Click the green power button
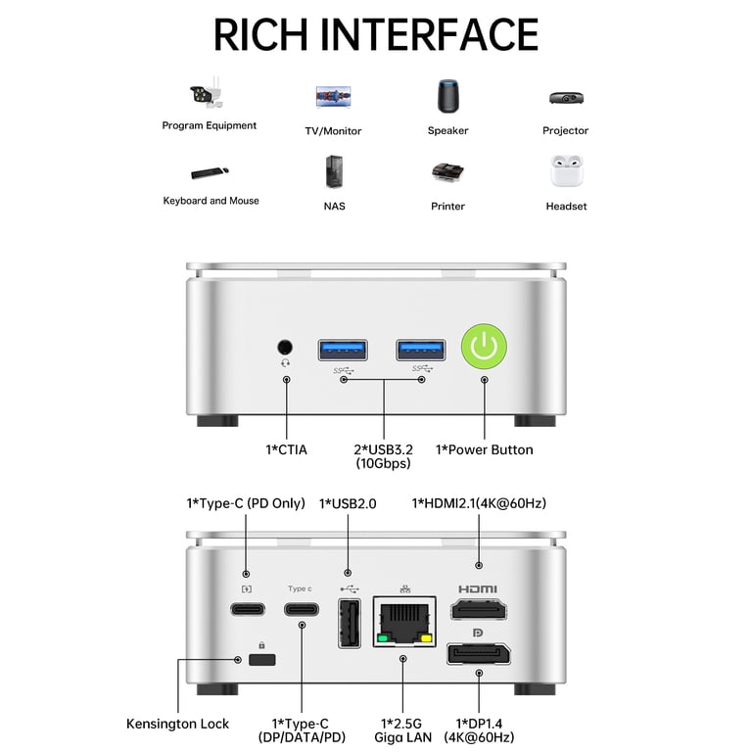pos(484,347)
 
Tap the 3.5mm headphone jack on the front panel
pos(285,347)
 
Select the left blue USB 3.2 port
pos(343,350)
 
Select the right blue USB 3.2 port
pos(421,350)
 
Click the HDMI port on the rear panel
pos(479,610)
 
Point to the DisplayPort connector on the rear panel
pos(479,654)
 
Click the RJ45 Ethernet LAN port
pos(404,622)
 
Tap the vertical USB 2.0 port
pos(350,623)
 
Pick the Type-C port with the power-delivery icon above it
pos(248,609)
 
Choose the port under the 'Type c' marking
pos(302,609)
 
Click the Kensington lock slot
pos(262,659)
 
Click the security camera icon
pos(207,92)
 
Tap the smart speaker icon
pos(447,96)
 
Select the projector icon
pos(566,98)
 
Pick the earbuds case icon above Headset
pos(566,171)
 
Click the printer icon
pos(447,172)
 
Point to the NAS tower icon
pos(334,171)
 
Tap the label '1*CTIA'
pos(286,449)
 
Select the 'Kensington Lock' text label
pos(177,724)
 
